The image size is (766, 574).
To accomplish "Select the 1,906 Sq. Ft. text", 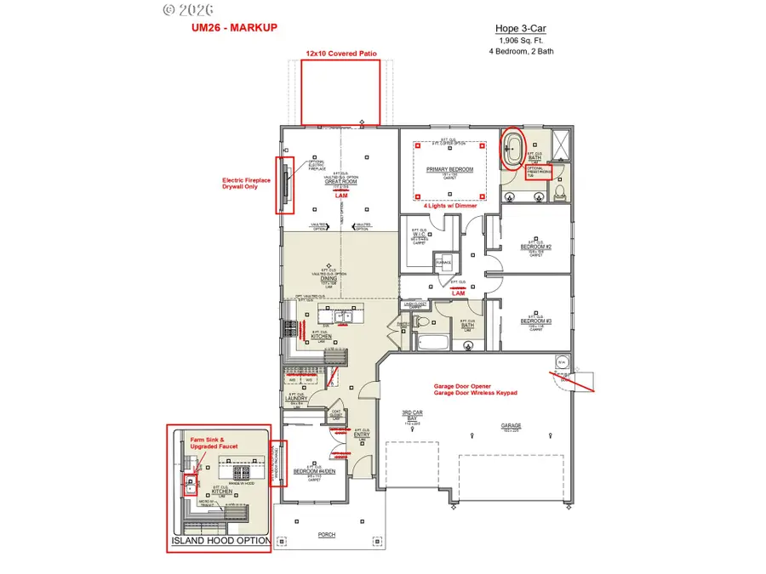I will coord(519,39).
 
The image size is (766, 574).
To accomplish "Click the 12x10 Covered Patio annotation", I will coord(341,53).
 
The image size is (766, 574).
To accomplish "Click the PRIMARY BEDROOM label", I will coord(449,169).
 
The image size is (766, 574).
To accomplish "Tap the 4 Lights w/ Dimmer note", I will coord(449,206).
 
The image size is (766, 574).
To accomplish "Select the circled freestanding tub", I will coord(513,151).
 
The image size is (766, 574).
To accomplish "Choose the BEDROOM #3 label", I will coord(534,321).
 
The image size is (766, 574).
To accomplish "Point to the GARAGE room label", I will coord(511,425).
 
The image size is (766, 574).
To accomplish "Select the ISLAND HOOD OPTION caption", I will coord(221,541).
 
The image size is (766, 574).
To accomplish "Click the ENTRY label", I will coord(361,434).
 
